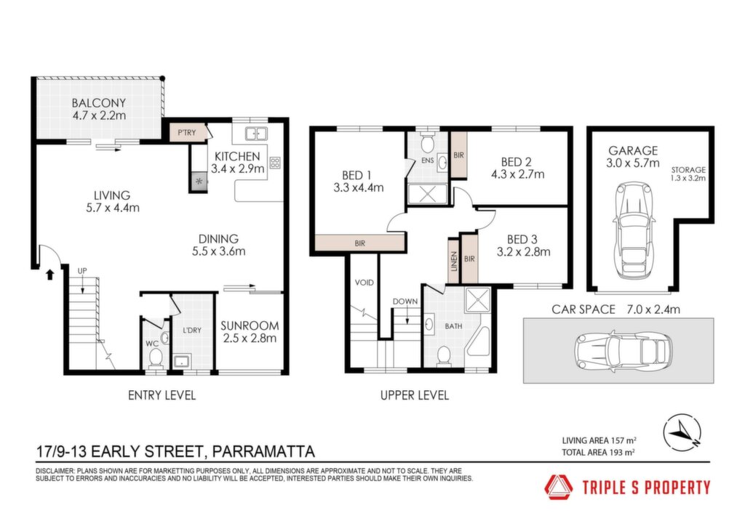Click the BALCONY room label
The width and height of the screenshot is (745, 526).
pos(99,103)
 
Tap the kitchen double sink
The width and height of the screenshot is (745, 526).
pos(256,133)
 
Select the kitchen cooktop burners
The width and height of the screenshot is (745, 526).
pos(275,163)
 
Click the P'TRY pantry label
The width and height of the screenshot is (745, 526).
pos(187,133)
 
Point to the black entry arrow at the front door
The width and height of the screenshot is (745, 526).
pos(50,275)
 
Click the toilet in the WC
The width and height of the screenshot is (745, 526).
pos(156,357)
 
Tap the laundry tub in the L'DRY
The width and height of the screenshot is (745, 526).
pos(181,362)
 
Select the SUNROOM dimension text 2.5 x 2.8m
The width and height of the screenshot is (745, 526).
pos(250,338)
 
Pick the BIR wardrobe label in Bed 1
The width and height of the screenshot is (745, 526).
pos(359,243)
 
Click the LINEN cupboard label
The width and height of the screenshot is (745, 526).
pos(454,262)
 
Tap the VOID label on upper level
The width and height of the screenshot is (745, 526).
pos(364,283)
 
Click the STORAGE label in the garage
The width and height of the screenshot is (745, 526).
pos(688,170)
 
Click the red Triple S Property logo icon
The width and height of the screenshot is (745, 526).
pos(559,487)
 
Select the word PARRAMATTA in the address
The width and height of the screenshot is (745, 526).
pos(263,450)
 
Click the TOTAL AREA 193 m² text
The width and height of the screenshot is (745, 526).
pos(599,453)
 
